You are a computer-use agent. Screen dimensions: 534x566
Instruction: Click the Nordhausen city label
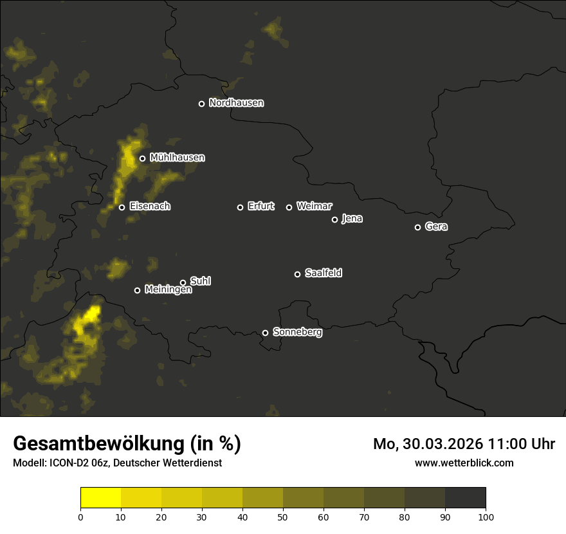click(x=236, y=103)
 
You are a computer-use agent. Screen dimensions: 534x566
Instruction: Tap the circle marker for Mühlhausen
click(x=142, y=158)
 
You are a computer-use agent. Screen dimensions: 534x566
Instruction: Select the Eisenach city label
click(x=150, y=207)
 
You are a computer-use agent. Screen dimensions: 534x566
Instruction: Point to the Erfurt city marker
click(x=240, y=207)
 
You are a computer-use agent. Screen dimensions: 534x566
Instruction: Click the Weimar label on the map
click(x=314, y=207)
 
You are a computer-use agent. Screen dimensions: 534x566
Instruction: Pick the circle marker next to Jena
click(x=334, y=219)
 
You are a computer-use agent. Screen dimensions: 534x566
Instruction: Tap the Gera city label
click(x=436, y=226)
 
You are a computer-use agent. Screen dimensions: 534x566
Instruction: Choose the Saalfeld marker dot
click(x=297, y=274)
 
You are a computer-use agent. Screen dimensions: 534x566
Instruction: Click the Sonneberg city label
click(x=297, y=332)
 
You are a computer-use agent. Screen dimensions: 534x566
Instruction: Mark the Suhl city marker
click(x=183, y=282)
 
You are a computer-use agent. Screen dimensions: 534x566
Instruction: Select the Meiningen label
click(x=168, y=290)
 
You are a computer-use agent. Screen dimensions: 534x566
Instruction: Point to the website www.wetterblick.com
click(x=464, y=463)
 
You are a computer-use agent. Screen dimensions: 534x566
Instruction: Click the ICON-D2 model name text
click(x=73, y=463)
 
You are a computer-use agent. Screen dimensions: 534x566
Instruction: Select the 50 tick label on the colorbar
click(x=283, y=517)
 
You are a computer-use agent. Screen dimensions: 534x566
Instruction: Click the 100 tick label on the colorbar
click(x=486, y=517)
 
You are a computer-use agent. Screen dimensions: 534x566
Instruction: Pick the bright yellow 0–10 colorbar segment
click(x=101, y=498)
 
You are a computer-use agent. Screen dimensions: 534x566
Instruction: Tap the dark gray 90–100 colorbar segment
click(x=465, y=498)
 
